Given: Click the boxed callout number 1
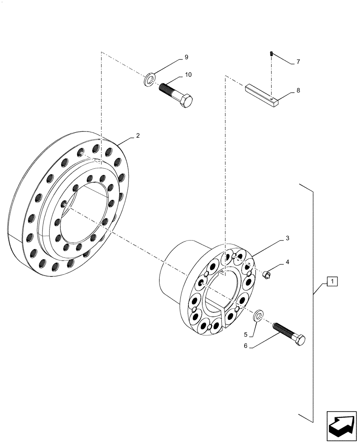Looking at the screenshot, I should click(x=333, y=281).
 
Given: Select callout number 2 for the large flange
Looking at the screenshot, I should click(x=138, y=136).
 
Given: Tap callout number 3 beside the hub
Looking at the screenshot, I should click(x=287, y=238).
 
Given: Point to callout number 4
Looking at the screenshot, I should click(x=287, y=262).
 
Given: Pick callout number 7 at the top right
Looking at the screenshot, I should click(x=298, y=62).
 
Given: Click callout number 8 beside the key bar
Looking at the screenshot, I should click(x=298, y=90).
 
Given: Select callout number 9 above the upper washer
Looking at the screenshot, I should click(x=186, y=58).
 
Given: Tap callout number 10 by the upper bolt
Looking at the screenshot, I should click(x=188, y=75).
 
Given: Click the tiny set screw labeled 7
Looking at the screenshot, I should click(x=271, y=54).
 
